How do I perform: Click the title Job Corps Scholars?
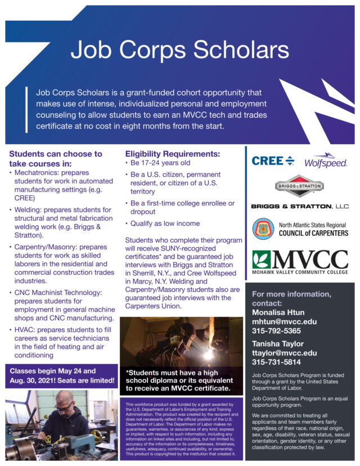coord(179,50)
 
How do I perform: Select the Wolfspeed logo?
coord(325,161)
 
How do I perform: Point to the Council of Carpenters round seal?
coord(265,228)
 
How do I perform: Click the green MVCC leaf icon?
coord(262,260)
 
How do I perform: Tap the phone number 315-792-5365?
coord(276,331)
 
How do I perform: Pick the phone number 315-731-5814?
coord(276,362)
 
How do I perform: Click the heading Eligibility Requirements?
coord(172,153)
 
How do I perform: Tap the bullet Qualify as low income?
coord(165,223)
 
